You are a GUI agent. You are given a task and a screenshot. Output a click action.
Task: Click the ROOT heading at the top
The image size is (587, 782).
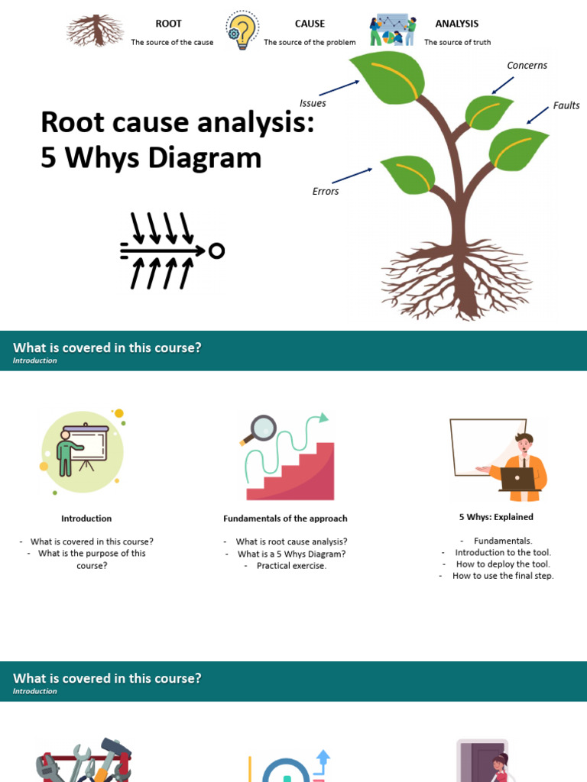click(x=168, y=24)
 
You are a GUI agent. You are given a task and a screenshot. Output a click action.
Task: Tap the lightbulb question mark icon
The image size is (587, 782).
click(x=242, y=31)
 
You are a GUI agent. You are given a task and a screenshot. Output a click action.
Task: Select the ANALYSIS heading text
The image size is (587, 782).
click(x=456, y=24)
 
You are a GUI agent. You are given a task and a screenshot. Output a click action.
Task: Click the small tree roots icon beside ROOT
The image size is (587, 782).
click(x=95, y=31)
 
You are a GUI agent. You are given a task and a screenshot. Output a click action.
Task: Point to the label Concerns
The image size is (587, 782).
click(x=527, y=66)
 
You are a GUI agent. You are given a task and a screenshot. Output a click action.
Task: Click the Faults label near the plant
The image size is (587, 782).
click(x=566, y=105)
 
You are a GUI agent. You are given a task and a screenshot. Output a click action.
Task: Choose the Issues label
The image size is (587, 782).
click(x=313, y=103)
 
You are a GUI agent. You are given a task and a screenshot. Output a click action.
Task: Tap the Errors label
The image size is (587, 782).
click(x=326, y=192)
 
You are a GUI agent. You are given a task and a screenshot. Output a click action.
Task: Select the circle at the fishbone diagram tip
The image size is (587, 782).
click(x=217, y=250)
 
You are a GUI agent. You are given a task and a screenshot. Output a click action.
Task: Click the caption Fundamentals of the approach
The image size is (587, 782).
click(x=285, y=519)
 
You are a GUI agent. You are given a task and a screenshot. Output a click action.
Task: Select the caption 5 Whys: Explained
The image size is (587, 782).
click(x=496, y=517)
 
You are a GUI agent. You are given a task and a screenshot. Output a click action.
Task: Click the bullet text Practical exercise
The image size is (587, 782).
click(x=291, y=566)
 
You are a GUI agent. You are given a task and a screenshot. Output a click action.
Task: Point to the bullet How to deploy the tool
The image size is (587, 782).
click(x=502, y=564)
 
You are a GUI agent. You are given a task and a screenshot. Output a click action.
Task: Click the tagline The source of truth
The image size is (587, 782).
click(x=457, y=43)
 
